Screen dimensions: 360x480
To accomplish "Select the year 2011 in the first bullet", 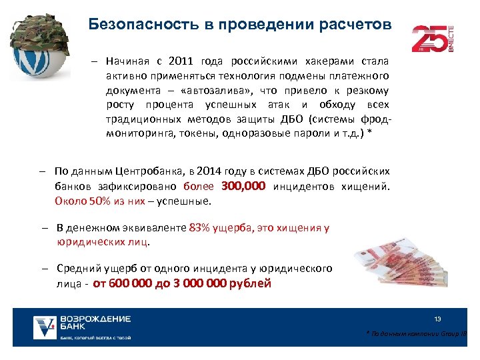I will coord(179,61).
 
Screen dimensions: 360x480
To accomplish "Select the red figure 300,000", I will coord(242,185).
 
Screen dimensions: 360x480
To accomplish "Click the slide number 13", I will coord(437,319).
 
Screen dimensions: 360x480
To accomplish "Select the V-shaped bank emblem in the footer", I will coord(45,327).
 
